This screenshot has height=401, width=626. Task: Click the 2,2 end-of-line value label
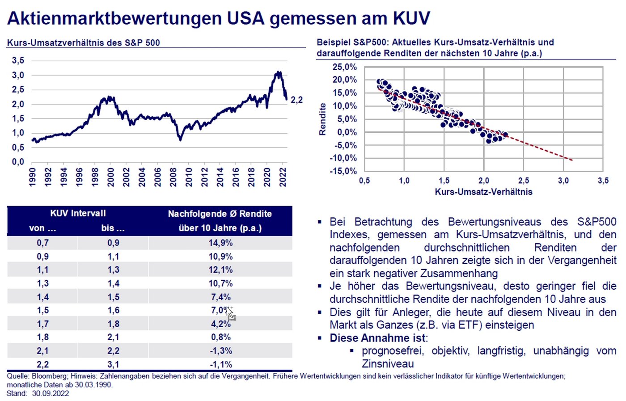point(296,100)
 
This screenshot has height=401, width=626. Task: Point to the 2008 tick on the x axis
point(173,177)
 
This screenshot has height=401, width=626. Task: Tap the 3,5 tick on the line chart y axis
point(18,60)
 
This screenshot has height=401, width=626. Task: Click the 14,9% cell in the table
point(221,243)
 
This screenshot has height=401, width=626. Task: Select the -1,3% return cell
point(221,351)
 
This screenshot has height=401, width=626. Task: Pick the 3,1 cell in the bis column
point(113,364)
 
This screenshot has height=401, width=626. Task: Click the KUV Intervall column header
point(78,213)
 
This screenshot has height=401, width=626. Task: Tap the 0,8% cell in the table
point(221,337)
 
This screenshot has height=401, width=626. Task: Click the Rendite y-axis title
point(322,119)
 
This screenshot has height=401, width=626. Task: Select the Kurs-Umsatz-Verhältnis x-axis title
point(483,192)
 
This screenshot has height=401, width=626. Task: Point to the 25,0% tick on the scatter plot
point(345,67)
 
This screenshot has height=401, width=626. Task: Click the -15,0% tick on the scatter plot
point(343,171)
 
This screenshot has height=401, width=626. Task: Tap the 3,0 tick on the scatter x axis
point(563,181)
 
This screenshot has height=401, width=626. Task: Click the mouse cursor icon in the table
point(230,313)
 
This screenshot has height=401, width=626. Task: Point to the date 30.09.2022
point(51,393)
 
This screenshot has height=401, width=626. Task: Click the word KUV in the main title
point(411,18)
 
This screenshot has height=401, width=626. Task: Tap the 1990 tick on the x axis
point(32,177)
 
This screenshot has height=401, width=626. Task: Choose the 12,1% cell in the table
point(221,270)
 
